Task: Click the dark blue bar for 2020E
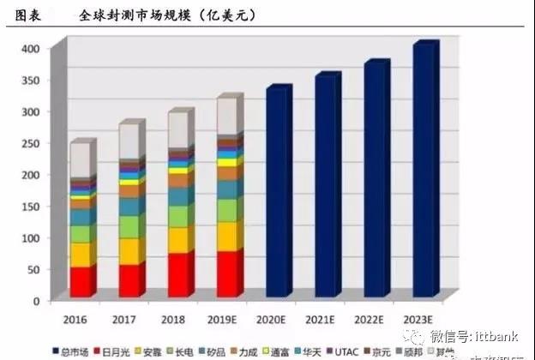point(278,193)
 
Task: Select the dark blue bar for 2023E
point(424,171)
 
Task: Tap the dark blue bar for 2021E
point(327,187)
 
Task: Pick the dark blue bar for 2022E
point(376,180)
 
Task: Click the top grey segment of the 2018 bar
point(179,130)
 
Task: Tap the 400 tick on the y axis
point(30,49)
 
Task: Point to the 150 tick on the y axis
point(30,206)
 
